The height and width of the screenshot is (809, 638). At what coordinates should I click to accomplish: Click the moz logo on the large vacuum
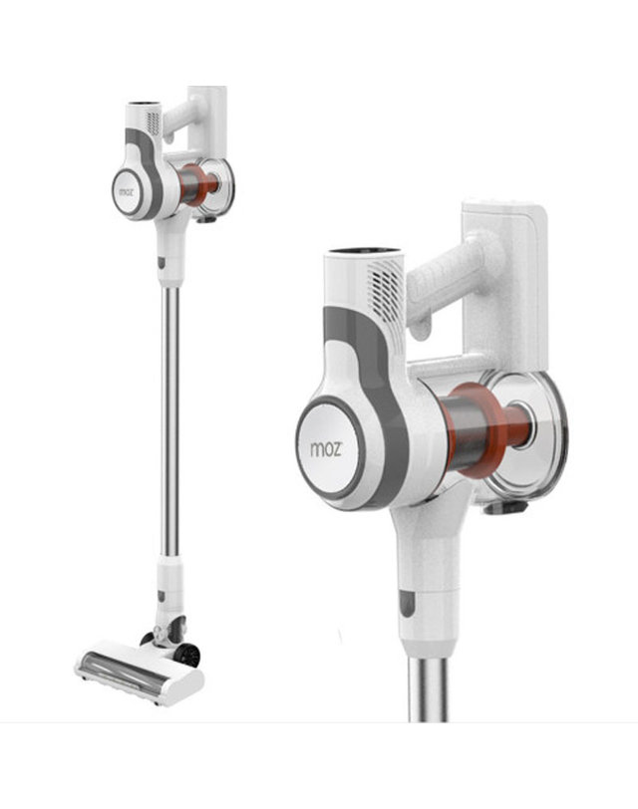click(326, 448)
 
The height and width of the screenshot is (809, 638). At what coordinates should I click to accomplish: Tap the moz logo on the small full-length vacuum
click(126, 192)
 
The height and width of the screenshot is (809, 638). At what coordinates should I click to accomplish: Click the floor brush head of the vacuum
click(139, 672)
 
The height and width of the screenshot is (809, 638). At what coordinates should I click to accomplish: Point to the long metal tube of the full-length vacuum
click(169, 420)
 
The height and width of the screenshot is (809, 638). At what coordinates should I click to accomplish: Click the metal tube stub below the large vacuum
click(428, 688)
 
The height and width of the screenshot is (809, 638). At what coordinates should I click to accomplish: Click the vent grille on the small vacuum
click(154, 124)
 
